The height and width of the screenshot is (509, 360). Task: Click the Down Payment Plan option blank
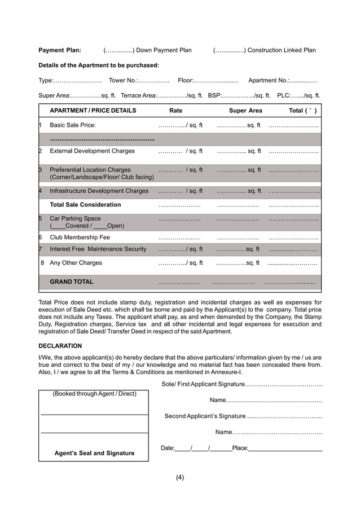(119, 50)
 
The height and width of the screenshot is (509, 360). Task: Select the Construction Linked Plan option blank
(229, 50)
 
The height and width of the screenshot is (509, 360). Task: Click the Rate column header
(175, 111)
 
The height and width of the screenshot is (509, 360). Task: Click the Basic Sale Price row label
(73, 125)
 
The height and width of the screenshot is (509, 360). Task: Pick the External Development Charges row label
(92, 151)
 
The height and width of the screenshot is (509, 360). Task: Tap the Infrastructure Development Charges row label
(99, 191)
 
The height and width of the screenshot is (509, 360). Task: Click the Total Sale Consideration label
(85, 205)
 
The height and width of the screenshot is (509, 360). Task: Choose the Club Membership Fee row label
(80, 238)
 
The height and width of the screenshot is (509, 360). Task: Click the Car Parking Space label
(75, 218)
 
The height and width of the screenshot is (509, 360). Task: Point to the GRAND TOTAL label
(72, 282)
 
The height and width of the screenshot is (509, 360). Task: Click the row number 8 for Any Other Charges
(42, 263)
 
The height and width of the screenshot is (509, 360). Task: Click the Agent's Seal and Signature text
(94, 453)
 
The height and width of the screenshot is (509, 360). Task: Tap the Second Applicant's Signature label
(205, 416)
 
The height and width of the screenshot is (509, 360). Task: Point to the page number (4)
(179, 477)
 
